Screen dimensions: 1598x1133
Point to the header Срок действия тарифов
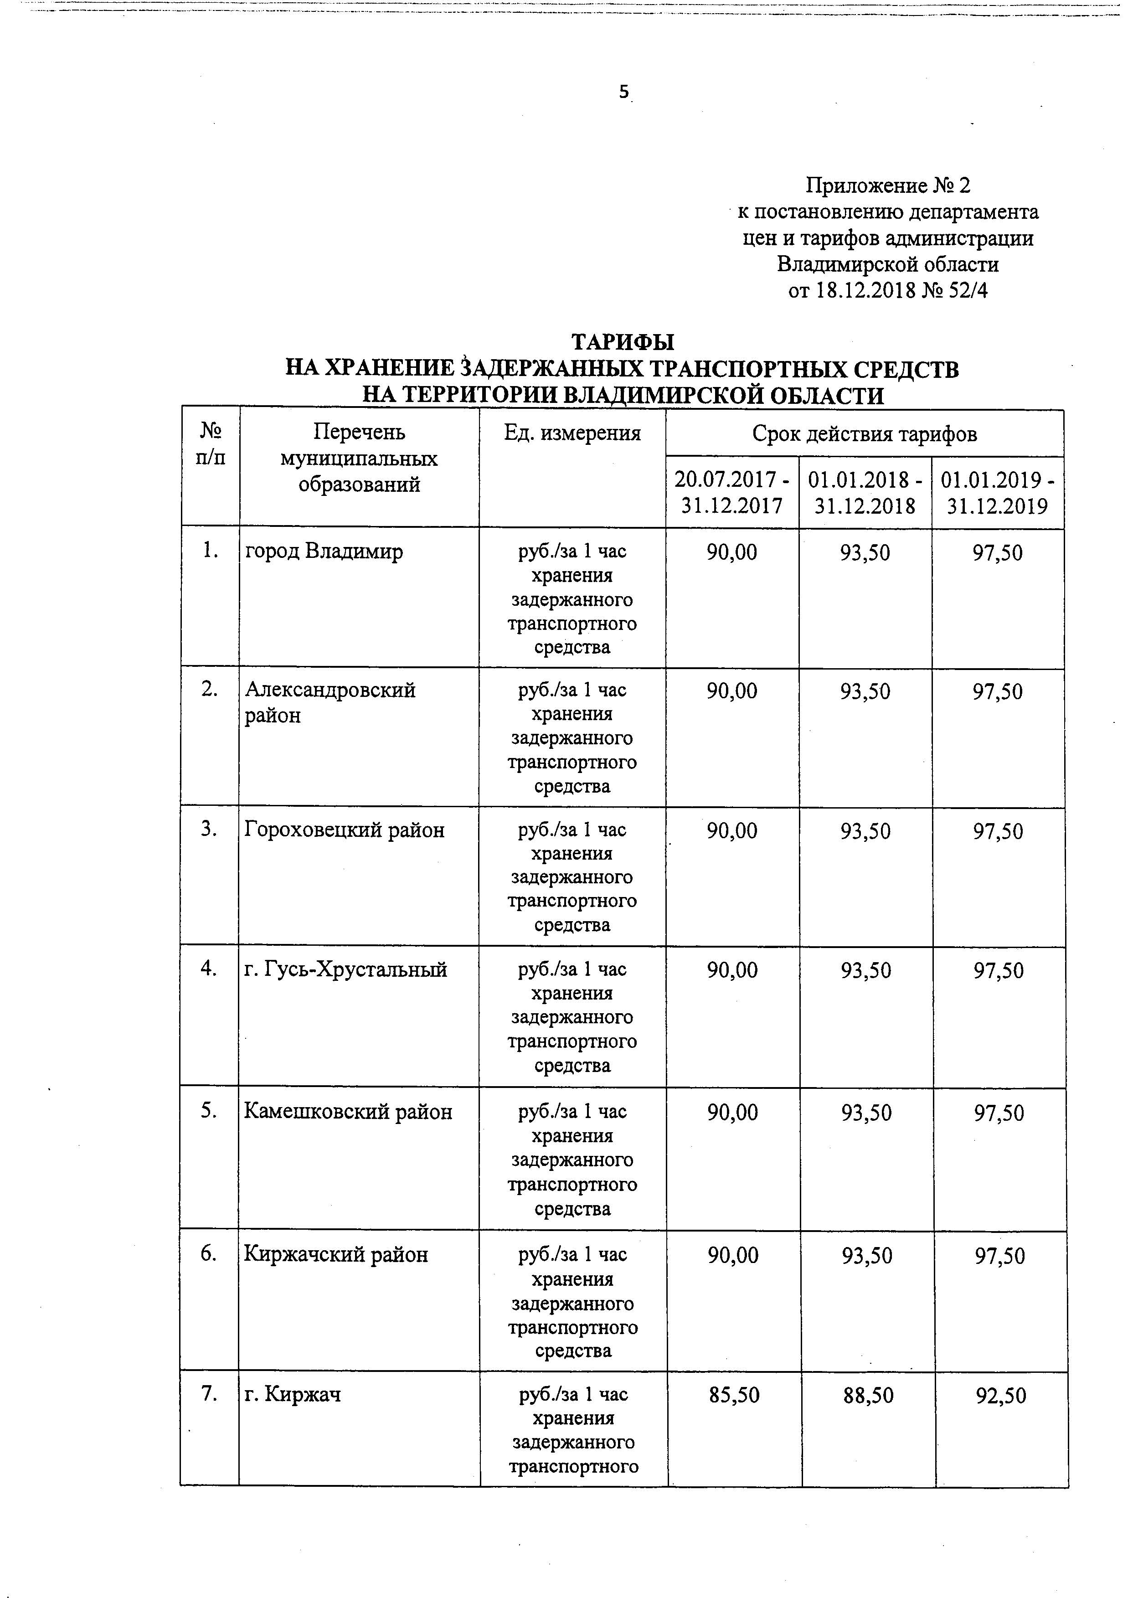tap(865, 434)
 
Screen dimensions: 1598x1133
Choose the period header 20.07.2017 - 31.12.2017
tap(732, 492)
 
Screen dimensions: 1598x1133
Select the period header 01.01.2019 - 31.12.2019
tap(998, 492)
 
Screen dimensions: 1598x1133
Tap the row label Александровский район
tap(330, 702)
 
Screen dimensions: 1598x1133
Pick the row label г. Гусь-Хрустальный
tap(345, 969)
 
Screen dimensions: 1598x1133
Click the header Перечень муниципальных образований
tap(359, 458)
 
